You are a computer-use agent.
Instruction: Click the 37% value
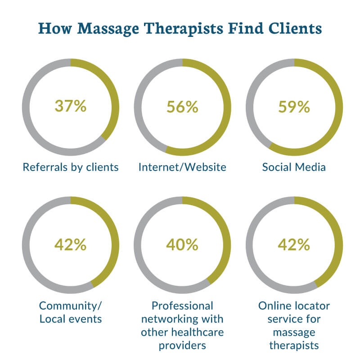70,106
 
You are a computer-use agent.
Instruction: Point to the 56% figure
182,106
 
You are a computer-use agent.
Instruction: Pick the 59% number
294,106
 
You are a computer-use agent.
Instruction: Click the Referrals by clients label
71,167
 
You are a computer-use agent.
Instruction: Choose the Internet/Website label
182,167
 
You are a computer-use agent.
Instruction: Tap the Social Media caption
294,167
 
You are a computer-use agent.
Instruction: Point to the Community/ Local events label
71,313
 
